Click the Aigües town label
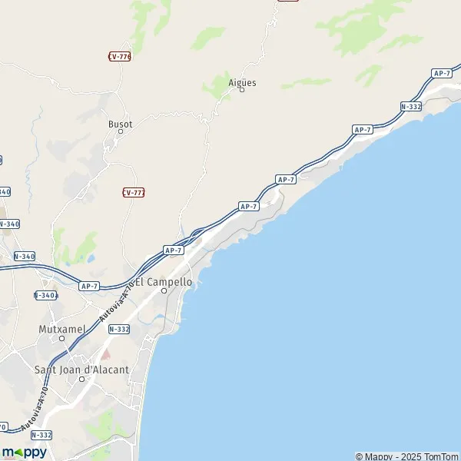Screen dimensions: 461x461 point(242,82)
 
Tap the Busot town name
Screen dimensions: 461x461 point(120,124)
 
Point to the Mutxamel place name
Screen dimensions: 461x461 point(61,329)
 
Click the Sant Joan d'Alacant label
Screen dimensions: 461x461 point(81,370)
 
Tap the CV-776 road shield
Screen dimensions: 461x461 point(119,56)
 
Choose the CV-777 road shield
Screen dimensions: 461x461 point(134,192)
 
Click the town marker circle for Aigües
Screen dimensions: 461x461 point(242,91)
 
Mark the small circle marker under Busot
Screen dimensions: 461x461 point(120,131)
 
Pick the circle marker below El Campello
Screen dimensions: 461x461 point(164,290)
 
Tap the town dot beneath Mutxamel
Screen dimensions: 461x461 point(62,337)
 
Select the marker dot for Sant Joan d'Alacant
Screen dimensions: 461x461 point(81,378)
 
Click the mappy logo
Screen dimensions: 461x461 point(24,452)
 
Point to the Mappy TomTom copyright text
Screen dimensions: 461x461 point(407,456)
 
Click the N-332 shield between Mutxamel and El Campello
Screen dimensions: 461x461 point(119,328)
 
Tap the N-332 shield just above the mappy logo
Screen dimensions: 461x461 point(41,434)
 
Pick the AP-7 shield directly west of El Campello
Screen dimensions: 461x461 point(89,286)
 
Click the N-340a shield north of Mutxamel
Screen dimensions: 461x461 point(47,295)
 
